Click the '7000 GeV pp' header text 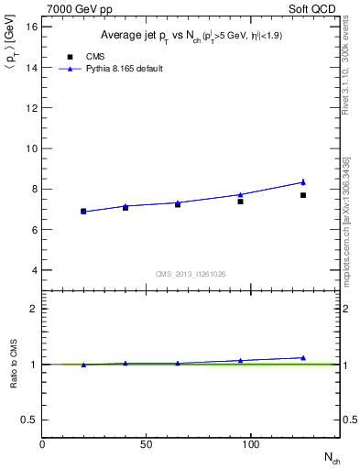coord(72,8)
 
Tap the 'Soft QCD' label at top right coord(315,8)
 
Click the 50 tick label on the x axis coord(147,444)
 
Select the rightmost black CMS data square coord(303,195)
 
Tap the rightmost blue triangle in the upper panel coord(303,181)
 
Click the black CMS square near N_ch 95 coord(240,201)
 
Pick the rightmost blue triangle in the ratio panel coord(303,357)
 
